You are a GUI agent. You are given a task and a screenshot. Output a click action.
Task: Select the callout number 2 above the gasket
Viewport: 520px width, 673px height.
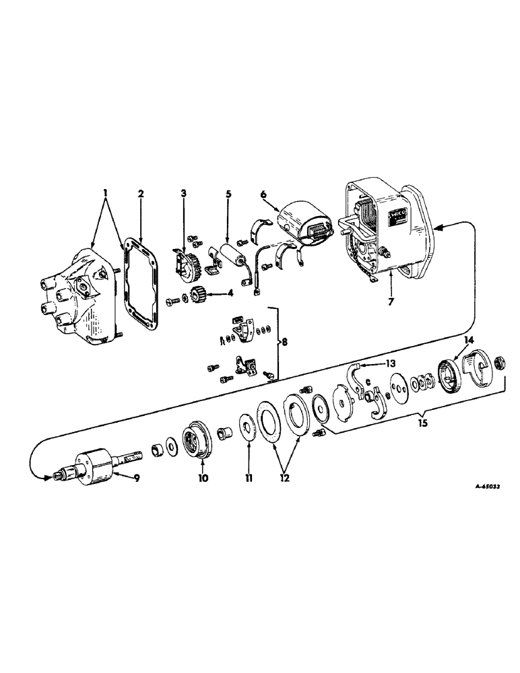[141, 194]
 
